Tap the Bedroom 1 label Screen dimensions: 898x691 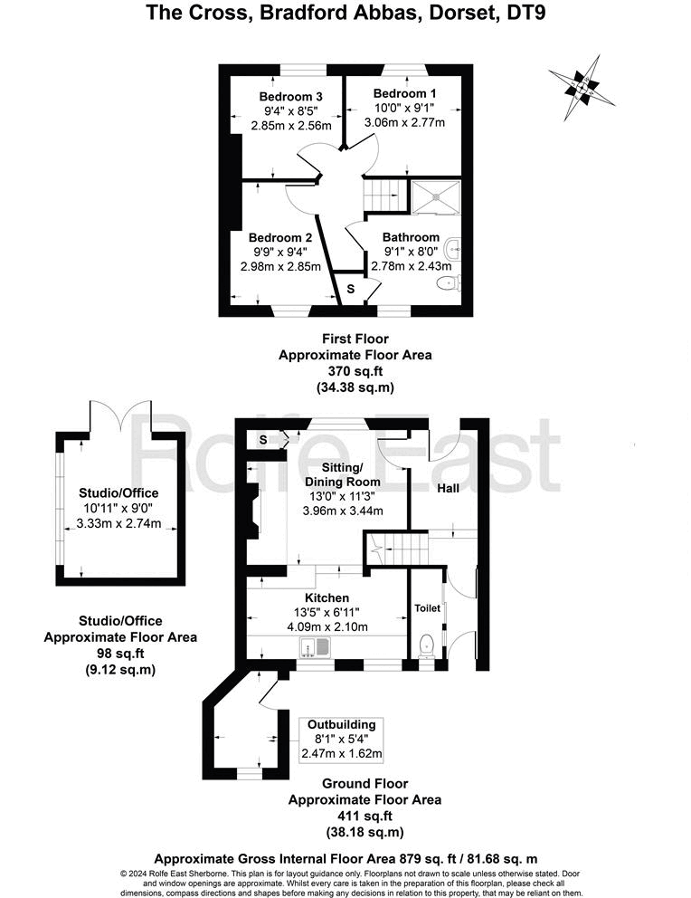(404, 93)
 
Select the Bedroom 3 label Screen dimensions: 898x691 (291, 97)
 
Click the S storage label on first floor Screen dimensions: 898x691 (350, 289)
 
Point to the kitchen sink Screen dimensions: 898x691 (315, 647)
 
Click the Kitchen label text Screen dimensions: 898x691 (327, 598)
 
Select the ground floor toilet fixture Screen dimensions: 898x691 (428, 644)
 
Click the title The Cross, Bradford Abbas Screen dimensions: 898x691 (345, 13)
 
